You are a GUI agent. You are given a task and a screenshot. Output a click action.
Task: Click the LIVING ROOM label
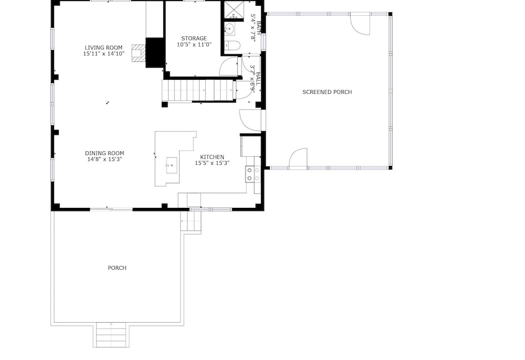point(103,48)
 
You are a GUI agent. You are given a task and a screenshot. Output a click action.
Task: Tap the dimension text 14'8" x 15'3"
point(104,159)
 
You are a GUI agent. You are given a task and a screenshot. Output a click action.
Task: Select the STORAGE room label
point(194,38)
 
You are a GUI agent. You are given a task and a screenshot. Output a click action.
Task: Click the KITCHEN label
point(212,157)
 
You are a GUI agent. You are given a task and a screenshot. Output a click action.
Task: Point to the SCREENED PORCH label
point(327,92)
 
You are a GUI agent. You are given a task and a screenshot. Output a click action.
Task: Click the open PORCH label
point(117,268)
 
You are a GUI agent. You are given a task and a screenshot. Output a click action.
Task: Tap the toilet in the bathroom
point(232,45)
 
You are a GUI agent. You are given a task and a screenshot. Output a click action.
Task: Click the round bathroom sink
point(229,29)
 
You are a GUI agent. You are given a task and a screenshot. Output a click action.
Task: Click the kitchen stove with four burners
point(253,174)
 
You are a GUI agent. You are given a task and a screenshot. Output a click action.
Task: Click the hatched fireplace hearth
point(138,54)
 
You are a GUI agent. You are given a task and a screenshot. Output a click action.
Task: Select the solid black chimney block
point(155,52)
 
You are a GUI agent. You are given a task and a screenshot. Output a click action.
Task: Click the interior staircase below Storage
point(199,90)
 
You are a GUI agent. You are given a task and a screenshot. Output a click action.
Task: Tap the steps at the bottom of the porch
point(111,335)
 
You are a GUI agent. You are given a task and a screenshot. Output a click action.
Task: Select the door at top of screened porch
point(360,24)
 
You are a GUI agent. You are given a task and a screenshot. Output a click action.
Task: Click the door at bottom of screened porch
point(298,158)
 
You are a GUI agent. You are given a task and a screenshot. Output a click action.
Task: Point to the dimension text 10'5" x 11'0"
point(194,45)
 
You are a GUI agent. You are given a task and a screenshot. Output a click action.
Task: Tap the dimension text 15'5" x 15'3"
point(212,163)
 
